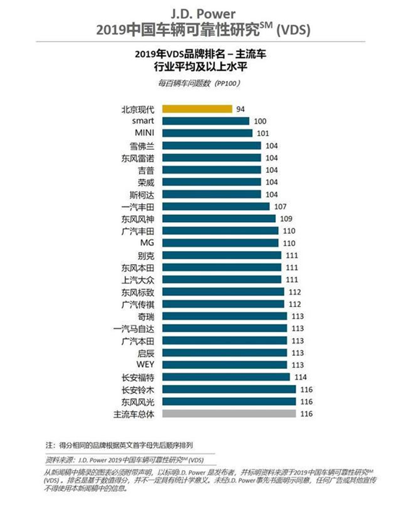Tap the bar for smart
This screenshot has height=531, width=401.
point(206,121)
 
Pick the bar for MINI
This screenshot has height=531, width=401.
point(207,133)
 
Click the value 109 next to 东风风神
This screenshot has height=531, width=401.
point(286,218)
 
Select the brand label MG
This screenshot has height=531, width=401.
point(146,243)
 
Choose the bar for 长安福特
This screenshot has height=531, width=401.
point(226,378)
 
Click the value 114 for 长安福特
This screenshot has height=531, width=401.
point(300,378)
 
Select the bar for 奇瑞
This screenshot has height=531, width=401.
point(224,317)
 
